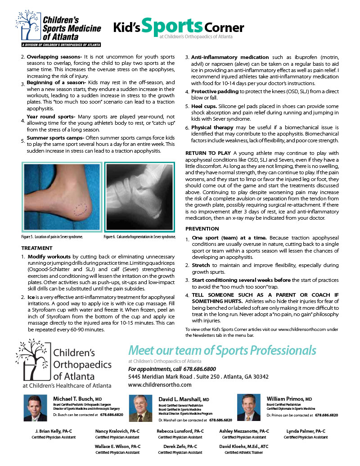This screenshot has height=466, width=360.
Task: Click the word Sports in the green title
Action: coord(172,25)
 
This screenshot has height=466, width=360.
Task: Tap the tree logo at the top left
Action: coord(27,26)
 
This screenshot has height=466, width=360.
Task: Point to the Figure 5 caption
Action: coord(52,236)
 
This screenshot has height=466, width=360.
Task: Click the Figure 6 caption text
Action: coord(139,236)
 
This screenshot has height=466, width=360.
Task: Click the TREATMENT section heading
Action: coord(37,248)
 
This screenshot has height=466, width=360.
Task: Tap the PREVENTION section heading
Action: coord(202,229)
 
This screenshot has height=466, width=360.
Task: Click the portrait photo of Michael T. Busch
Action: coord(36,407)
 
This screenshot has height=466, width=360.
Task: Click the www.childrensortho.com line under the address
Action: coord(160,385)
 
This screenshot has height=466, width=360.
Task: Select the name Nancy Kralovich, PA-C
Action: coord(117,431)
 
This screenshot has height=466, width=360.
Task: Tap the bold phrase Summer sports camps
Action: coord(54,138)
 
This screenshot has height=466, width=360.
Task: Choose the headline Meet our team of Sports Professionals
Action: coord(222,350)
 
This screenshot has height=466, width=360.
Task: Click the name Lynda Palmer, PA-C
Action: coord(306,431)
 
